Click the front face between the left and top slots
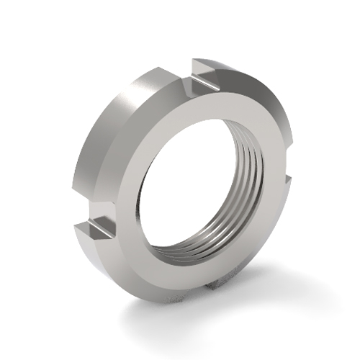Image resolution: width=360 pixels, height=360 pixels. [144, 144]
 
